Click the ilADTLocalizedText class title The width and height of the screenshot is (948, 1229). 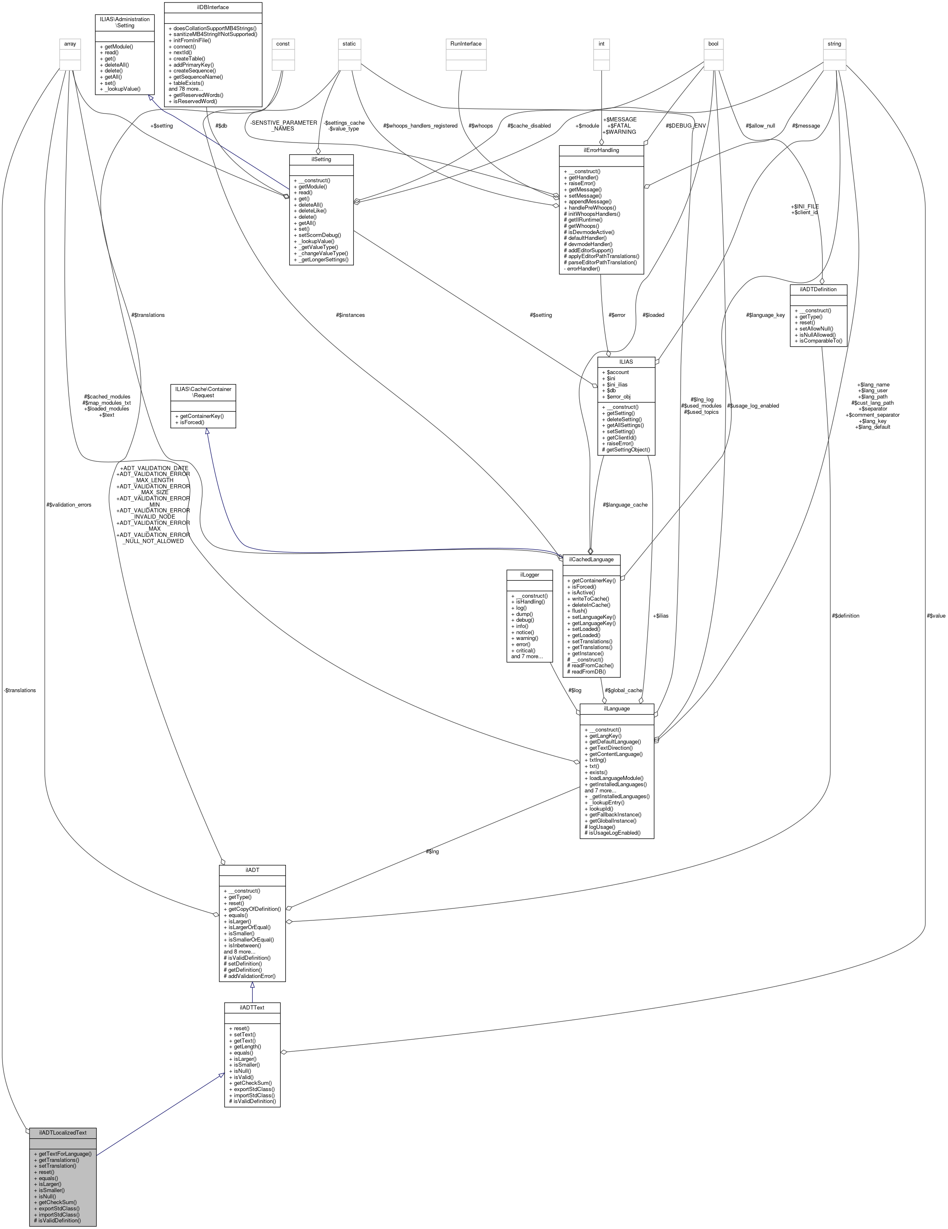tap(63, 1132)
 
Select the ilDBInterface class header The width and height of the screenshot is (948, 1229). tap(213, 7)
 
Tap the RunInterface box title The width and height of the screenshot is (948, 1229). tap(466, 43)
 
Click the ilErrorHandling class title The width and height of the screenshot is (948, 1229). tap(601, 150)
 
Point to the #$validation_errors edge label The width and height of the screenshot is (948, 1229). tap(69, 505)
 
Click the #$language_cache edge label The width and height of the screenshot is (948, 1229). tap(625, 505)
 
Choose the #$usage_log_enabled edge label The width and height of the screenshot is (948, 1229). tap(753, 406)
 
